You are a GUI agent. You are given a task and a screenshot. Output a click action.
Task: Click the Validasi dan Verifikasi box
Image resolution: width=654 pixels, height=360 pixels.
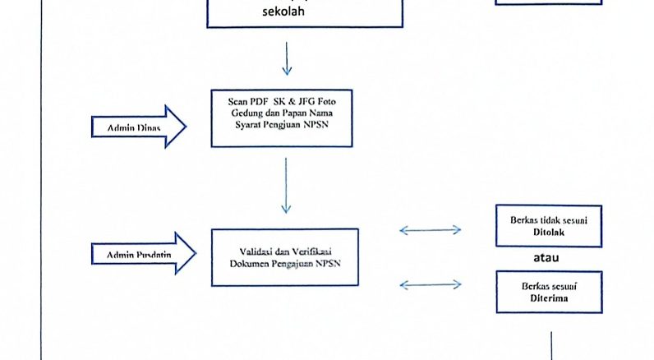285,256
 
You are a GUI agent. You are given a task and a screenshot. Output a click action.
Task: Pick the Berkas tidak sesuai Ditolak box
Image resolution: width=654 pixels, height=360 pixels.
549,226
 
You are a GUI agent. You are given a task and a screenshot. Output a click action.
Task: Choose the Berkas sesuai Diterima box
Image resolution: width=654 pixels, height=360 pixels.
549,292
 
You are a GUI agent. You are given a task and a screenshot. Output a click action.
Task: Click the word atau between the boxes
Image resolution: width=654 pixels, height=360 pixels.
548,259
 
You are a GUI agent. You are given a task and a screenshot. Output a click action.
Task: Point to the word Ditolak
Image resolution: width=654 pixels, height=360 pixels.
549,233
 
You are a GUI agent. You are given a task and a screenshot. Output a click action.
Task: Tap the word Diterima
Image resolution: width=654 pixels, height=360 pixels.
549,299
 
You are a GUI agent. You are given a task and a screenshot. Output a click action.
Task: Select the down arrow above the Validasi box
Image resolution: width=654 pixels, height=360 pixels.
286,186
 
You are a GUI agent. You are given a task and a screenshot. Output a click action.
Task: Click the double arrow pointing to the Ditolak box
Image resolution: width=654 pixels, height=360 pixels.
430,231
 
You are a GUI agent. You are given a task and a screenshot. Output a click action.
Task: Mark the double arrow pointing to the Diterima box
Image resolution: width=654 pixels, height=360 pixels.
430,285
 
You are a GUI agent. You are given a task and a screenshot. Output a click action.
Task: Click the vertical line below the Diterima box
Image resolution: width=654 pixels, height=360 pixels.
550,345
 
